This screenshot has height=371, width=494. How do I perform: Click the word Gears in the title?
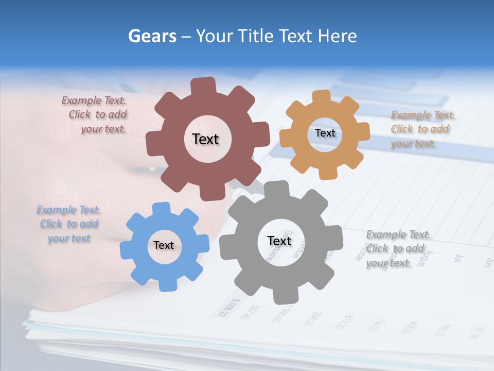[x=151, y=36]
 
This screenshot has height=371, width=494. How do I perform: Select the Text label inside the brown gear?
[x=205, y=139]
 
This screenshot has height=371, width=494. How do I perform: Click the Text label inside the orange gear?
[x=325, y=133]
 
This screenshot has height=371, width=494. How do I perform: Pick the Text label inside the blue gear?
[x=164, y=245]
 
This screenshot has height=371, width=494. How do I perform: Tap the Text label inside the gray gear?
[x=279, y=241]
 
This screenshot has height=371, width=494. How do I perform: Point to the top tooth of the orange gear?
[x=321, y=96]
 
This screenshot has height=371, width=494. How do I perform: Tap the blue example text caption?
[x=69, y=224]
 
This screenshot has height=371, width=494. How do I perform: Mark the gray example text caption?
[x=397, y=249]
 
